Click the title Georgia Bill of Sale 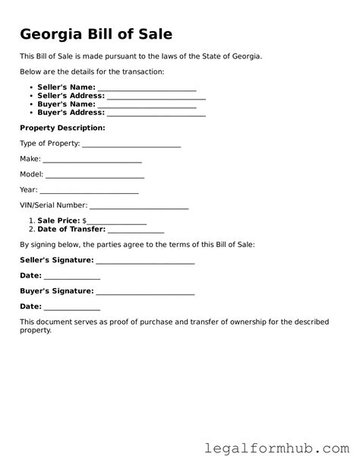(x=96, y=34)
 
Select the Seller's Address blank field (x=156, y=97)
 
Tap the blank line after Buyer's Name (x=145, y=105)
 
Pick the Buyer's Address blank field (x=156, y=113)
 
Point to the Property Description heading (x=62, y=128)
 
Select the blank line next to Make (x=92, y=160)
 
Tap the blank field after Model (x=95, y=175)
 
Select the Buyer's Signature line (x=146, y=291)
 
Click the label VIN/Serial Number (x=54, y=205)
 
